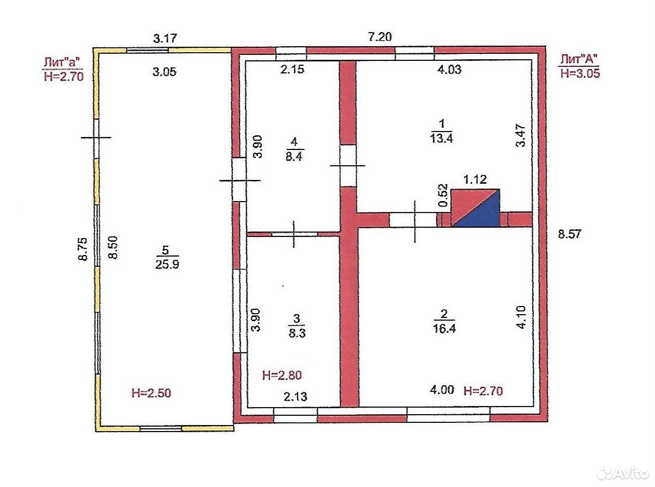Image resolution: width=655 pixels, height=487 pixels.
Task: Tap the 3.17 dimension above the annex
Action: tap(165, 38)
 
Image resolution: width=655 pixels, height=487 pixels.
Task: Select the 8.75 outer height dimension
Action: tap(83, 249)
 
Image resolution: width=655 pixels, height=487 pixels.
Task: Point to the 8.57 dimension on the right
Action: tap(569, 234)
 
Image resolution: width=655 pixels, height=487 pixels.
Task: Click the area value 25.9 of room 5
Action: tap(167, 264)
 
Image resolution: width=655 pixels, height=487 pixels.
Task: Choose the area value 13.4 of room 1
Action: tap(442, 138)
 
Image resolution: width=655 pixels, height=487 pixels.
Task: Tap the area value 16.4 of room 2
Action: tap(444, 328)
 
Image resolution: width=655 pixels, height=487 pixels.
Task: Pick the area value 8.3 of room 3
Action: tap(297, 333)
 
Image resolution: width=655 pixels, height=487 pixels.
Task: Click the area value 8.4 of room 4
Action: tap(294, 157)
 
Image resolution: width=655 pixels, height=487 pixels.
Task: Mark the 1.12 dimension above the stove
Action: tap(475, 179)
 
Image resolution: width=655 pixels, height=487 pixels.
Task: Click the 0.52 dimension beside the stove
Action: tap(443, 195)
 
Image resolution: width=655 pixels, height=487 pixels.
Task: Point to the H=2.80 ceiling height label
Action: tap(282, 375)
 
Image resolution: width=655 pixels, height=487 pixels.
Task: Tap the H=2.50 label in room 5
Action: tap(151, 393)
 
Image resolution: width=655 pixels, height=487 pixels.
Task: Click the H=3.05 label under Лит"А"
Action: tap(580, 73)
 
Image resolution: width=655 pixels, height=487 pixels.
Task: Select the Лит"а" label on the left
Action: tap(62, 63)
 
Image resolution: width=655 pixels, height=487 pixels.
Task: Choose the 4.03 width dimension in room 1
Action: tap(449, 70)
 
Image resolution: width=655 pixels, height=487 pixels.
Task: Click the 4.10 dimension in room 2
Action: tap(522, 317)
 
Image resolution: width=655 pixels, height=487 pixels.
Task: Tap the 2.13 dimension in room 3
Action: tap(295, 396)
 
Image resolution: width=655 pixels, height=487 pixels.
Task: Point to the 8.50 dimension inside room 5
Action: tap(113, 247)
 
